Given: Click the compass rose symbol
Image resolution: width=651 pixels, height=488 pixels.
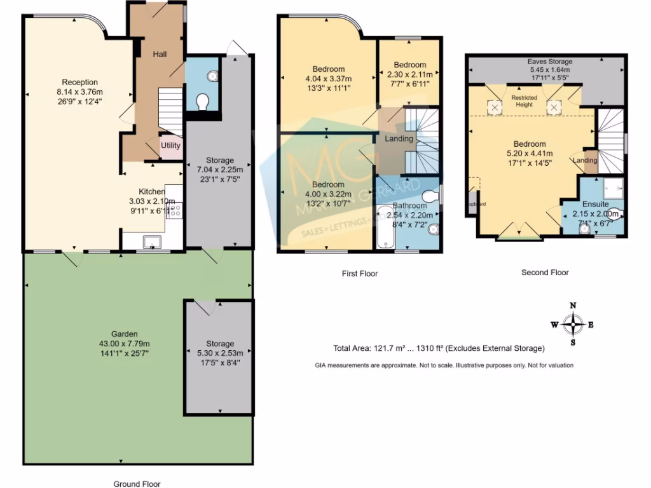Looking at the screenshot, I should (573, 325).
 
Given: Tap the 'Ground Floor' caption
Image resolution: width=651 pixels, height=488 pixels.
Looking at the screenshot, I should (138, 484).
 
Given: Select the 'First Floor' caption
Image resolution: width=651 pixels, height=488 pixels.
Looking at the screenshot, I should (359, 274).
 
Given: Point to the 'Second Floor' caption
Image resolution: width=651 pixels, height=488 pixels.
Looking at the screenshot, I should (545, 273).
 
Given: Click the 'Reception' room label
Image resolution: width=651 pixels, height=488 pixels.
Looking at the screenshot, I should (79, 82).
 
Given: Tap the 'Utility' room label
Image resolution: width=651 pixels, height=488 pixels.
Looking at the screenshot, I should (170, 146).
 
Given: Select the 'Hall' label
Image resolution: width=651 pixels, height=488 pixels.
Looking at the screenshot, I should (160, 55).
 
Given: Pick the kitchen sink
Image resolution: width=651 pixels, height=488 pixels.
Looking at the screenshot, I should (153, 241).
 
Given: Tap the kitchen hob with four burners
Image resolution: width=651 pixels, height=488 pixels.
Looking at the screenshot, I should (174, 210).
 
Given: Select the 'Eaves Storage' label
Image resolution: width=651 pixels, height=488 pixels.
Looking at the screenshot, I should (550, 62).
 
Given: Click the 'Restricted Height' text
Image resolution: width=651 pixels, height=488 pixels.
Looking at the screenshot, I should (524, 101).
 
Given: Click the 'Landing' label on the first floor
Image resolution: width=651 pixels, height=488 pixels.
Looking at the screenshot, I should (399, 139).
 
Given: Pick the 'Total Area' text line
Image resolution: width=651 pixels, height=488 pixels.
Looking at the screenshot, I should (439, 348).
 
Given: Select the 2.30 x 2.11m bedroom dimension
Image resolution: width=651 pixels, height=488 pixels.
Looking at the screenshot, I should (409, 74).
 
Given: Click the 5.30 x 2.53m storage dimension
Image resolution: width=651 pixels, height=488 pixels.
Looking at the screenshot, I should (219, 353).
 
